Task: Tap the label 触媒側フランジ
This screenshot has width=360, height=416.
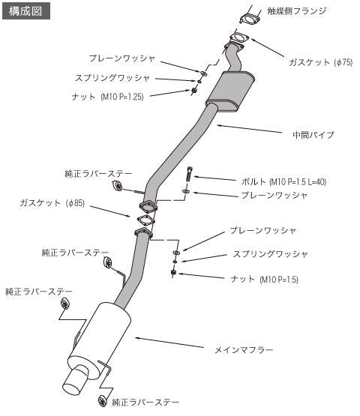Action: tap(298, 12)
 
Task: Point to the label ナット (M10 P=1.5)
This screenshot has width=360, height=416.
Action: tap(267, 279)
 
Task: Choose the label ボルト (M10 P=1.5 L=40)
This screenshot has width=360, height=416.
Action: tap(274, 181)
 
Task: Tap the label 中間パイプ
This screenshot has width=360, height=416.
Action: tap(313, 135)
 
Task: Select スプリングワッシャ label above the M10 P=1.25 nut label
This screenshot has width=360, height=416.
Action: tap(112, 77)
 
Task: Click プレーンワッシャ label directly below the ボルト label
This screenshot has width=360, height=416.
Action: tap(274, 195)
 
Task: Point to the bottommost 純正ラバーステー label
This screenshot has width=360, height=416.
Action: tap(147, 403)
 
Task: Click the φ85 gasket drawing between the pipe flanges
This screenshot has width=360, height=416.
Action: tap(142, 220)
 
